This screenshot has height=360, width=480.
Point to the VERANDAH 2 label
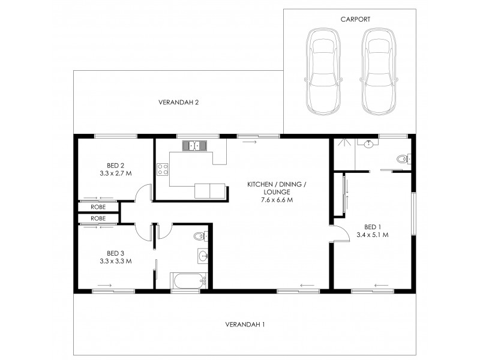pyautogui.click(x=178, y=103)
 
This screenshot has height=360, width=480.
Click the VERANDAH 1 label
pyautogui.click(x=245, y=324)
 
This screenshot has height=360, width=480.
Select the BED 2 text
pyautogui.click(x=115, y=166)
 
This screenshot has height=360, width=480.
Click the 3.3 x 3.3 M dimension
pyautogui.click(x=115, y=261)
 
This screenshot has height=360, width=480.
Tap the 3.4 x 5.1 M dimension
pyautogui.click(x=372, y=235)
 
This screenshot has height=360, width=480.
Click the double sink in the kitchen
pyautogui.click(x=195, y=145)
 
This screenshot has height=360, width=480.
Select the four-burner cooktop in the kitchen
pyautogui.click(x=163, y=169)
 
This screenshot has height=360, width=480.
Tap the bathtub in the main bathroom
pyautogui.click(x=189, y=281)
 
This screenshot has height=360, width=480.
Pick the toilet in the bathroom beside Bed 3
pyautogui.click(x=200, y=236)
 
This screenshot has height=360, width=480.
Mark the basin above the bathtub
pyautogui.click(x=203, y=257)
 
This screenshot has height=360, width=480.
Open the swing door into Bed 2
pyautogui.click(x=142, y=193)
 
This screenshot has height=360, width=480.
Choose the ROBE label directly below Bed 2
pyautogui.click(x=98, y=207)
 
